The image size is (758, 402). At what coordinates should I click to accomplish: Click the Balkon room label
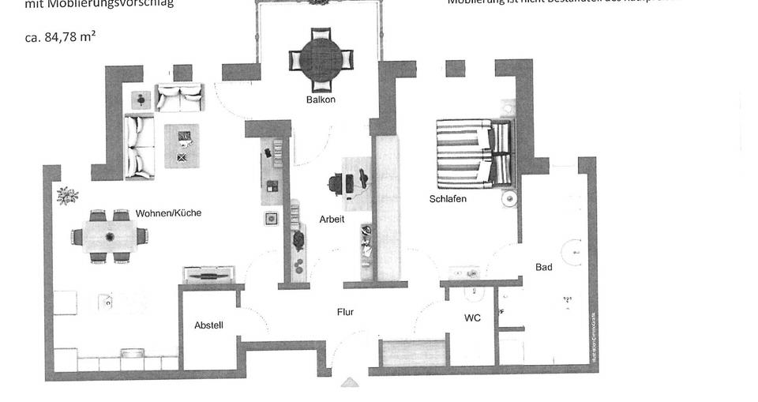(x=321, y=100)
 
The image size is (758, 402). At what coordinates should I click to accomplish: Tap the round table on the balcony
(x=321, y=59)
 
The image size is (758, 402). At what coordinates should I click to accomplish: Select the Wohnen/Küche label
(x=168, y=213)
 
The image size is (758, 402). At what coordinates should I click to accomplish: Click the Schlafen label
(x=448, y=199)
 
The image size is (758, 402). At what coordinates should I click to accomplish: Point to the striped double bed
(x=471, y=153)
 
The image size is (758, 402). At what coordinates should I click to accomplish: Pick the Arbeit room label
(x=332, y=220)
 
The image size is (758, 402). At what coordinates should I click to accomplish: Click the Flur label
(x=345, y=312)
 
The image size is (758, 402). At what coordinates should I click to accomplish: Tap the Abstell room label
(x=208, y=325)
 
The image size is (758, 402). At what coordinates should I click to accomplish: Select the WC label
(x=473, y=318)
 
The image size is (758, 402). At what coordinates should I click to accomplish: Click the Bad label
(x=544, y=268)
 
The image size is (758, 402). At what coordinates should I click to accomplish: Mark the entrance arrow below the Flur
(x=350, y=383)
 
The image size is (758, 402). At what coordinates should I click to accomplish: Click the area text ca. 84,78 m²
(x=61, y=36)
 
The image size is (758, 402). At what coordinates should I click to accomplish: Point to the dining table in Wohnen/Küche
(x=109, y=236)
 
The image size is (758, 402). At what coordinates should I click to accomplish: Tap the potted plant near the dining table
(x=67, y=194)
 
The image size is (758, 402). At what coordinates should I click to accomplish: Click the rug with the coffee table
(x=182, y=146)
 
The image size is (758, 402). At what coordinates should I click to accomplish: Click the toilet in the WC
(x=474, y=293)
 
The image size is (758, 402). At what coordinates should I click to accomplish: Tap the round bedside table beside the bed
(x=510, y=200)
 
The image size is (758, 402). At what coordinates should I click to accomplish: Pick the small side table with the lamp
(x=141, y=100)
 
